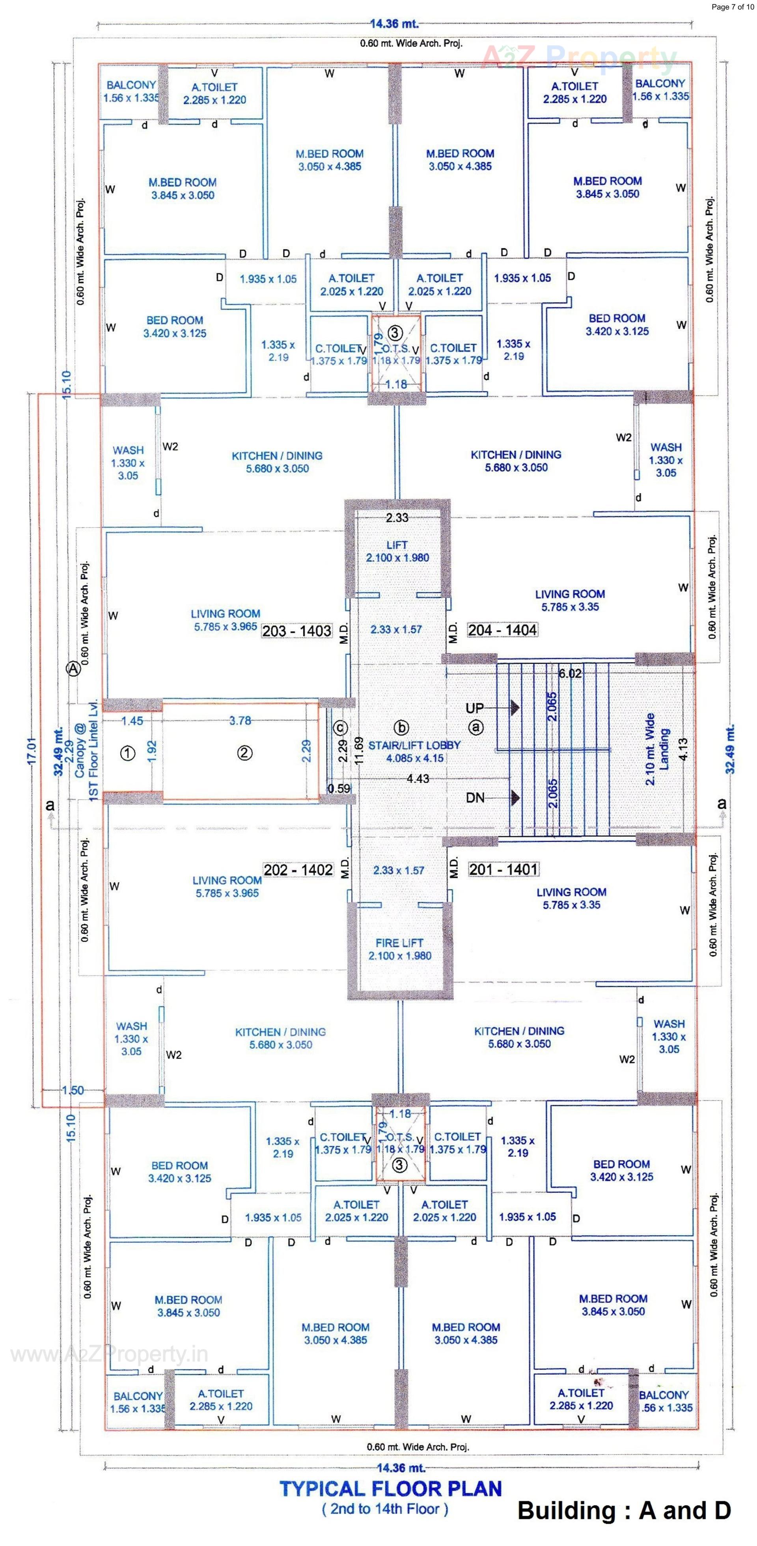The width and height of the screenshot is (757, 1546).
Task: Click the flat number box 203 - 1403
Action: (296, 631)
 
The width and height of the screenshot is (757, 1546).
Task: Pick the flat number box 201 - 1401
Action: (503, 869)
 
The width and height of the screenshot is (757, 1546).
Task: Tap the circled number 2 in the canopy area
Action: (244, 753)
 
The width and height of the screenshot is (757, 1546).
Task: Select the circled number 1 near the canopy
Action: (128, 753)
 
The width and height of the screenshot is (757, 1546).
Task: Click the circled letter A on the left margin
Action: (73, 669)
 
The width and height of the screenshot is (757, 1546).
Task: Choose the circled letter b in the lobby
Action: (401, 727)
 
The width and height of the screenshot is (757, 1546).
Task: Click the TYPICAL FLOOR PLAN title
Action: (390, 1488)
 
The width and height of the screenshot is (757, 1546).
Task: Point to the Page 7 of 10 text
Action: (733, 7)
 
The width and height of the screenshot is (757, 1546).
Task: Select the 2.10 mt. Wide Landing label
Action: (657, 749)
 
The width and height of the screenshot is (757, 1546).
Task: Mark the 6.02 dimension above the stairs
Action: (570, 673)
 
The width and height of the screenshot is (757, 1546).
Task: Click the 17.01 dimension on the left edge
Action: (32, 750)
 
